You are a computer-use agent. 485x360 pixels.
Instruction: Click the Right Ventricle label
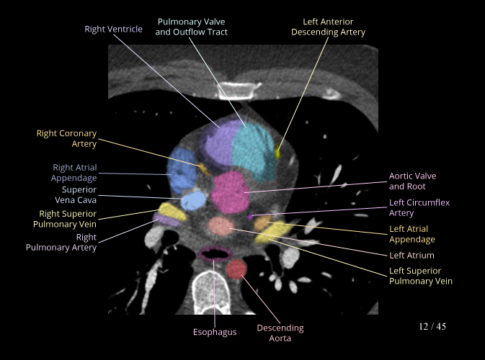[x=113, y=30]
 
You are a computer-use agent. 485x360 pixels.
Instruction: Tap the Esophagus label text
[x=215, y=332]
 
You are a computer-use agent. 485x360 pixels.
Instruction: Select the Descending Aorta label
[x=280, y=333]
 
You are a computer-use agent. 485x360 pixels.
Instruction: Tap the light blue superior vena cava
[x=192, y=199]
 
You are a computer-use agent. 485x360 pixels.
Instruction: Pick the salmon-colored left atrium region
[x=220, y=226]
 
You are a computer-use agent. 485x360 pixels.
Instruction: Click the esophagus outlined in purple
[x=214, y=253]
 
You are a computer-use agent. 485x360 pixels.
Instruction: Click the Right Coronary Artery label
[x=66, y=138]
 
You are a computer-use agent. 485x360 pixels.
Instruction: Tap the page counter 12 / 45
[x=432, y=327]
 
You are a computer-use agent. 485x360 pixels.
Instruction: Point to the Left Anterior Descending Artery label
[x=328, y=27]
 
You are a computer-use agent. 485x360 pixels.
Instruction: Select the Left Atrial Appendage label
[x=412, y=234]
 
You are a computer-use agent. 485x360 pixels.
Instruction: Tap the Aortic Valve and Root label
[x=412, y=181]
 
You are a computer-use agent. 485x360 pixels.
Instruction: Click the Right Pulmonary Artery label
[x=71, y=242]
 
